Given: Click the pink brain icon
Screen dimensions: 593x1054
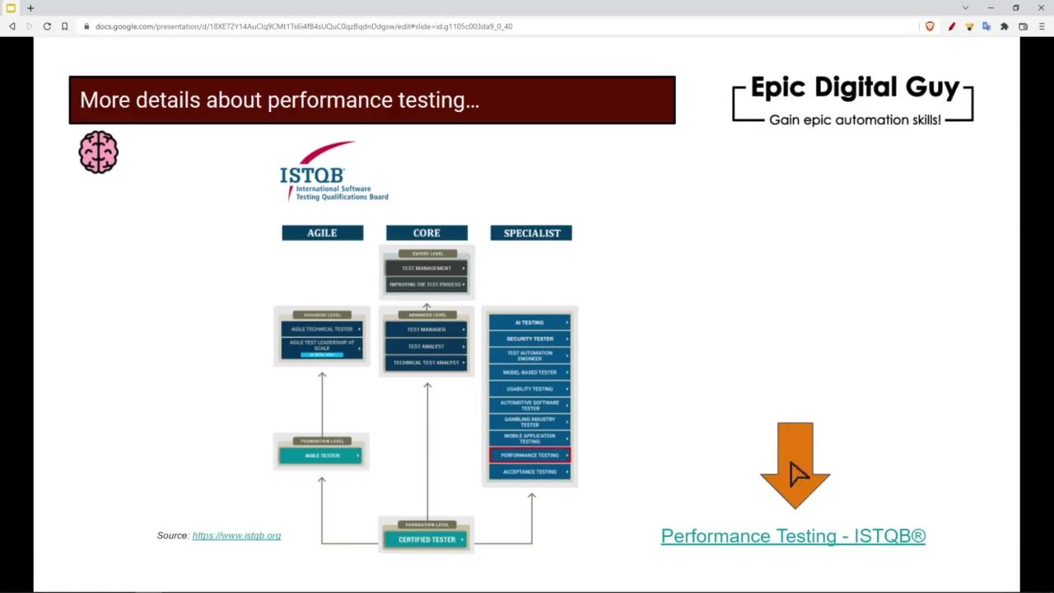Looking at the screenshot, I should pos(99,152).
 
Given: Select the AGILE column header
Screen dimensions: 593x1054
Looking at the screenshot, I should pos(322,233).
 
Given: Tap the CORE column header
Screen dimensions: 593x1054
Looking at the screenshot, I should pos(427,233).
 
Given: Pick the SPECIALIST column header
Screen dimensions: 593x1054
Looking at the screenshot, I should pos(531,233).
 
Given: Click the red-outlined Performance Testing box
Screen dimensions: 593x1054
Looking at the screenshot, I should pos(529,455).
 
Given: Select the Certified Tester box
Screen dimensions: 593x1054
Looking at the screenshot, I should pos(427,539).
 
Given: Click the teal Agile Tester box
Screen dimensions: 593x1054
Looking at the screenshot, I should pos(321,455).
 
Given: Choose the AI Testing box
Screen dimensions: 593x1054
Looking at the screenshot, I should pos(529,322).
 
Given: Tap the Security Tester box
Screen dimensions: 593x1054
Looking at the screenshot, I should pos(529,339).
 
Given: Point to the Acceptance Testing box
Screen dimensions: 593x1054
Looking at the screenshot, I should pos(529,472).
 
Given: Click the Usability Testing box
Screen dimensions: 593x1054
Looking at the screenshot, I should pos(529,389).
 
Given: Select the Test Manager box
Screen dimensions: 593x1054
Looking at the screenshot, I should pos(427,329).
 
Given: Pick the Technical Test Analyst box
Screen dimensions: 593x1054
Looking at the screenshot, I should pos(427,362).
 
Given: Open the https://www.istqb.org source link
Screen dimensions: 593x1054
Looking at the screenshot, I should pos(236,535).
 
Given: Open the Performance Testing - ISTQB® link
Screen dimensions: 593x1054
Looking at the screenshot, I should pos(793,536).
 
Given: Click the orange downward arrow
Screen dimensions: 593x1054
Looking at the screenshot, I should pos(795,461).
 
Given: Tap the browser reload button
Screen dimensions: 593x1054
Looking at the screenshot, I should pos(47,26).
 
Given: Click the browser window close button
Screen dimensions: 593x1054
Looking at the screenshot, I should pos(1041,8).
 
